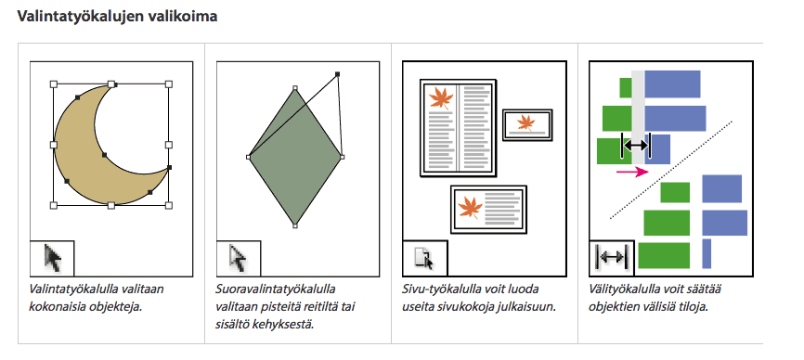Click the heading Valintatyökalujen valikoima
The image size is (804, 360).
tap(117, 17)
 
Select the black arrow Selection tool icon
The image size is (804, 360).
tap(53, 258)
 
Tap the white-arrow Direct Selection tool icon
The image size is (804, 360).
tap(239, 258)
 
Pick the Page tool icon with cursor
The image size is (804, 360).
tap(424, 258)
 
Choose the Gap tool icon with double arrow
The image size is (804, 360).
tap(612, 258)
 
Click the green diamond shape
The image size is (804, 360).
tap(295, 157)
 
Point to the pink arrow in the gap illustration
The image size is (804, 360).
tap(632, 172)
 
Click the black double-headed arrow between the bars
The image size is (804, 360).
tap(636, 146)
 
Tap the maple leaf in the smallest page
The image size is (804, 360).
tap(525, 122)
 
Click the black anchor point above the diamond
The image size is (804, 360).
tap(337, 74)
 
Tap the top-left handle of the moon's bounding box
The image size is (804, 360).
tap(53, 84)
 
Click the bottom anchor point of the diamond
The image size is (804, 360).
tap(295, 225)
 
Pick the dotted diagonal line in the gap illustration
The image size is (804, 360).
tap(671, 170)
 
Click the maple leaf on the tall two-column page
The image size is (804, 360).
tap(441, 98)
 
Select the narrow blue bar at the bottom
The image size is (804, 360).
tap(707, 253)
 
